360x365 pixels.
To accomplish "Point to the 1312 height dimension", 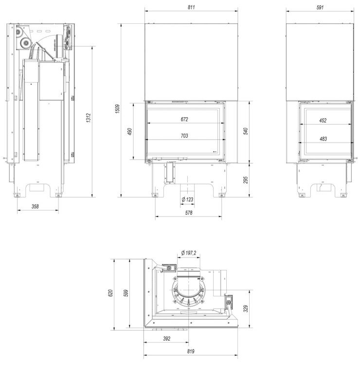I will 88,120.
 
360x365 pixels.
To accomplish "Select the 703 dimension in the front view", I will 184,136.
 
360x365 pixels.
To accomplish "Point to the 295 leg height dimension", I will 246,180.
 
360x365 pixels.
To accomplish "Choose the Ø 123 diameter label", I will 188,200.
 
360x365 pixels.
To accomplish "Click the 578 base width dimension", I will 189,213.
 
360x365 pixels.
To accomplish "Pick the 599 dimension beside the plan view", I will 127,293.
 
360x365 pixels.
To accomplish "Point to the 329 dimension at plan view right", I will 246,308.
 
